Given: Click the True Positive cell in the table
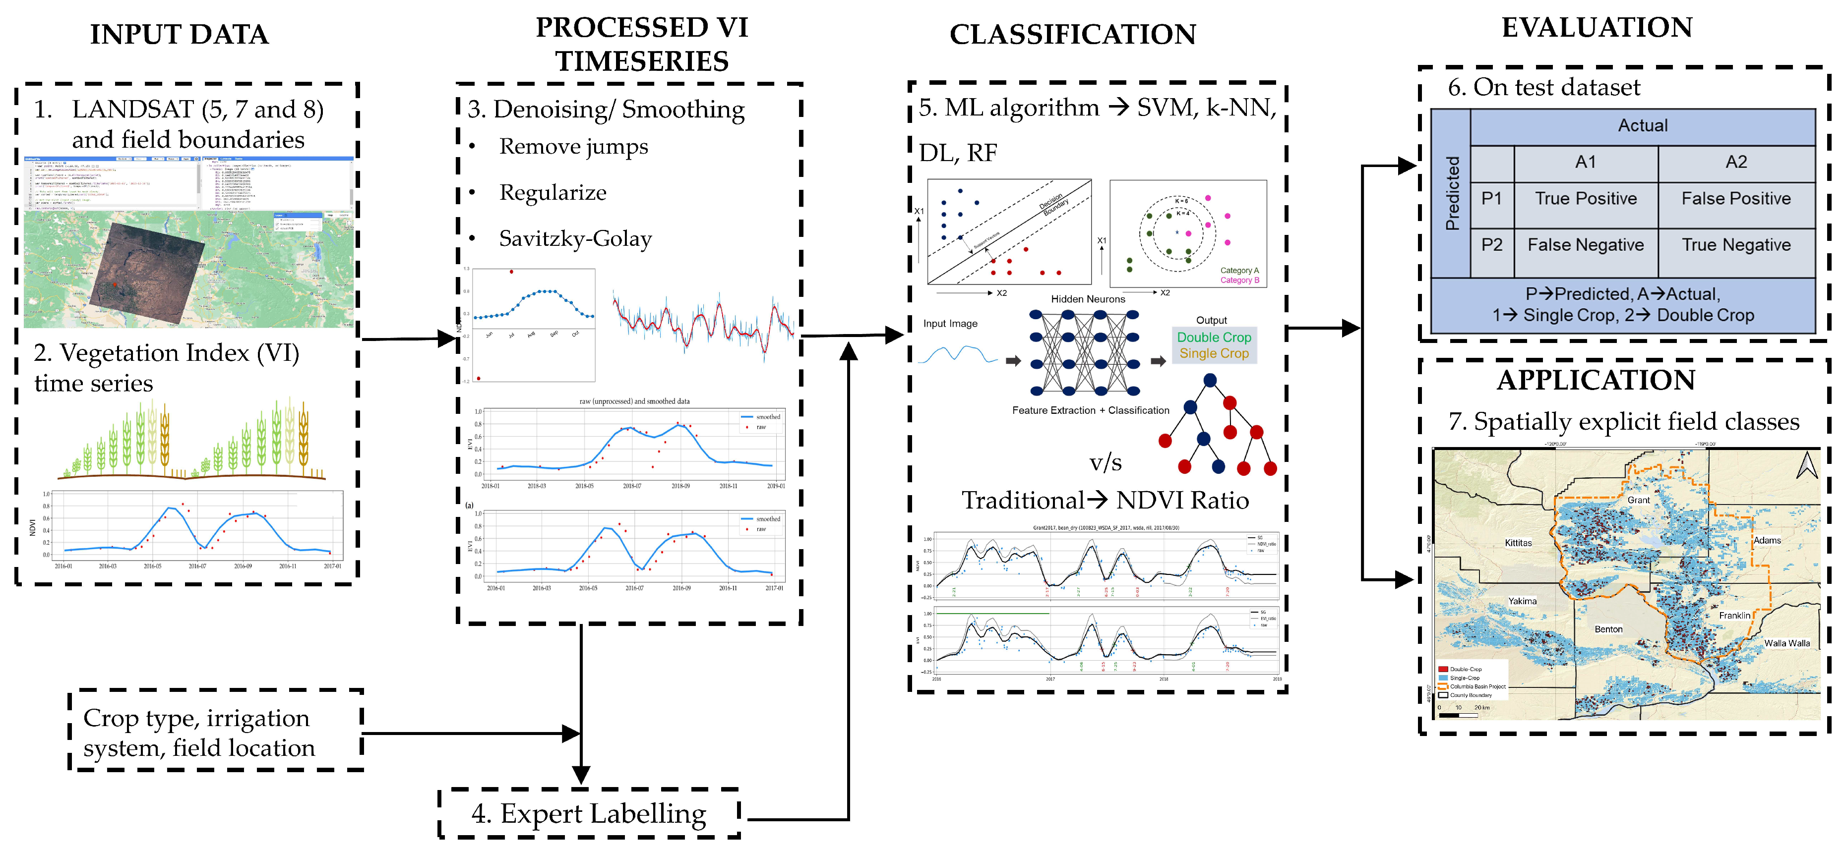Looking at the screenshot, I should point(1585,199).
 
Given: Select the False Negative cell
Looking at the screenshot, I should point(1585,245).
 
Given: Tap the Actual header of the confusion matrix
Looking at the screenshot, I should point(1642,126).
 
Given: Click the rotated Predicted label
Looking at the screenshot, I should point(1452,193).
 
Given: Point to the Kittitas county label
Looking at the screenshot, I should point(1518,543).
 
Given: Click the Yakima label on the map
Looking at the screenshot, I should point(1522,601).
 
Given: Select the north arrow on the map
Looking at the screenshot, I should point(1806,466).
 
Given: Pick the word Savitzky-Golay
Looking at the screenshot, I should point(575,239).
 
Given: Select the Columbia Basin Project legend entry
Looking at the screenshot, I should point(1477,686).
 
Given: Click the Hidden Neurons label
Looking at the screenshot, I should point(1087,299).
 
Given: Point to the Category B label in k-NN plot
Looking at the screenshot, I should point(1239,281).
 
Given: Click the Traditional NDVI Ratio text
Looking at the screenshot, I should point(1105,500).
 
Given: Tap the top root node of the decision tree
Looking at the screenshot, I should point(1210,381).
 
